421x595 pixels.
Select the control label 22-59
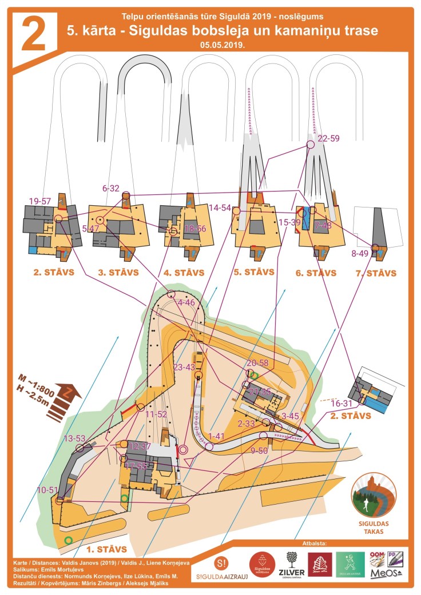pos(328,138)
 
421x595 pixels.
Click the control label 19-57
pos(40,201)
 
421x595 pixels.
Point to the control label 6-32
pos(111,188)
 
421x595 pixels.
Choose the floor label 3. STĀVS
pos(118,273)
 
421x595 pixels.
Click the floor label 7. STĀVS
pos(375,273)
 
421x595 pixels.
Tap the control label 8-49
pos(360,253)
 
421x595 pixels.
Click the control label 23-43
pos(185,367)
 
